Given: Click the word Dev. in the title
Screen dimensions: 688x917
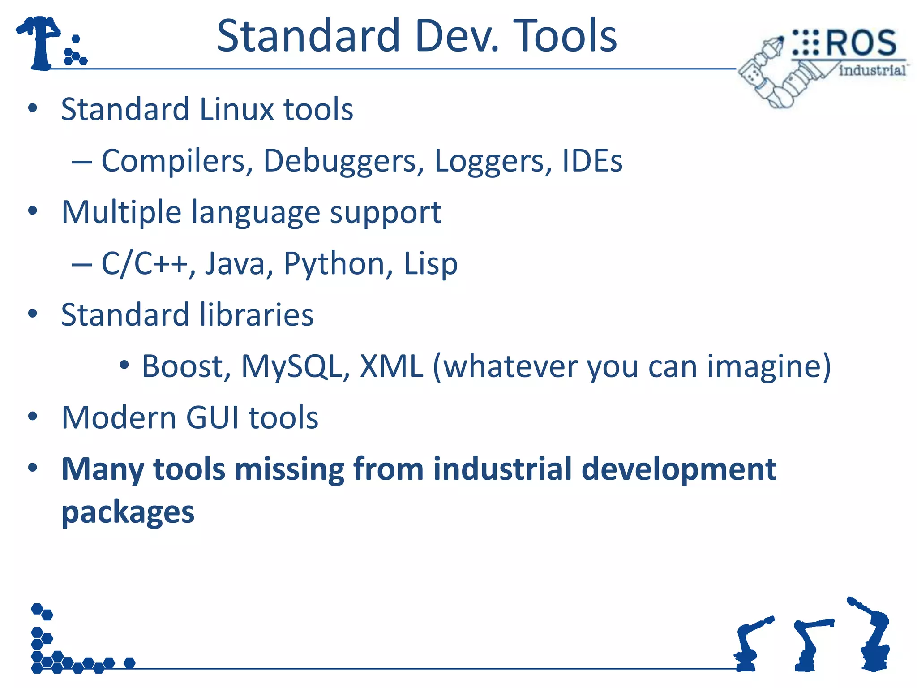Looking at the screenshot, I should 456,36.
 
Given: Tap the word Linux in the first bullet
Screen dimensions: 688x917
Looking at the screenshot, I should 236,109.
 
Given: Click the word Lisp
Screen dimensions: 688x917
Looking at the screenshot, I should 430,264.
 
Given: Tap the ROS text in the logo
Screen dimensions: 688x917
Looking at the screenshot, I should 860,43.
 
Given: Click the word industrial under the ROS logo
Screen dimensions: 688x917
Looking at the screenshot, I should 872,70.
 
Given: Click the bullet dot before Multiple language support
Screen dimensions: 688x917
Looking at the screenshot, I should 33,211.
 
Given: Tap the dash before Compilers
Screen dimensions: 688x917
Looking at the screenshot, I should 82,162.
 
